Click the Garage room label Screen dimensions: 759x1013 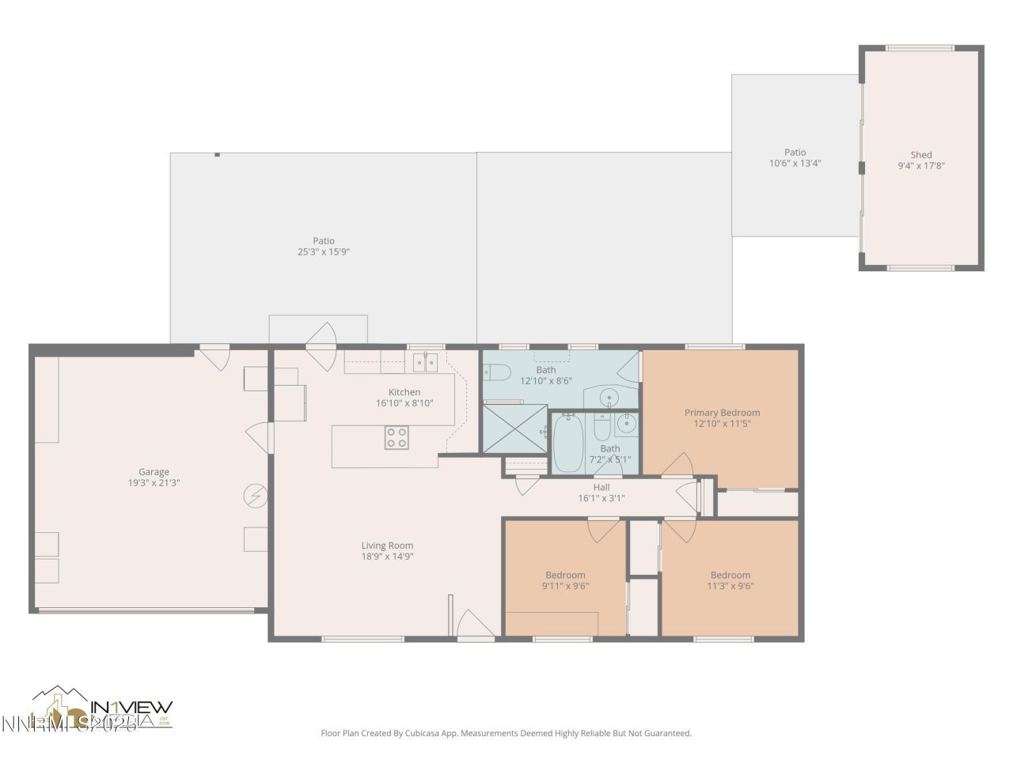click(x=154, y=472)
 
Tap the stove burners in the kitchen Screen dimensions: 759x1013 click(x=396, y=437)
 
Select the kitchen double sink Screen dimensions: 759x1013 click(x=426, y=363)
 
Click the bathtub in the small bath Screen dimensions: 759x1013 click(x=567, y=444)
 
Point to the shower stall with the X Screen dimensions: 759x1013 click(x=514, y=429)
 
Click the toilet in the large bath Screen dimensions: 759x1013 click(x=495, y=371)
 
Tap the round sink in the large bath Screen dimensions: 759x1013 click(x=610, y=396)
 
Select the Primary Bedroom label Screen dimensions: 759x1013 click(x=722, y=413)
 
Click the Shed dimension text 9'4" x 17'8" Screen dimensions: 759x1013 click(x=921, y=166)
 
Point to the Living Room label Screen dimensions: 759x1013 click(x=387, y=546)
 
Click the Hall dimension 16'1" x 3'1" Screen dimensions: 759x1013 click(x=601, y=498)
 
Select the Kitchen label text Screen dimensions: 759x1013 click(x=404, y=392)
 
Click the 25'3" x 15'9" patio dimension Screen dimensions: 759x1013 click(x=323, y=252)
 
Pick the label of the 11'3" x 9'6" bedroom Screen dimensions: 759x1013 click(x=730, y=575)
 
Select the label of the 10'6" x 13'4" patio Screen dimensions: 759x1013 click(x=795, y=153)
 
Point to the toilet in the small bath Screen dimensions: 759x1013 click(x=601, y=428)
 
